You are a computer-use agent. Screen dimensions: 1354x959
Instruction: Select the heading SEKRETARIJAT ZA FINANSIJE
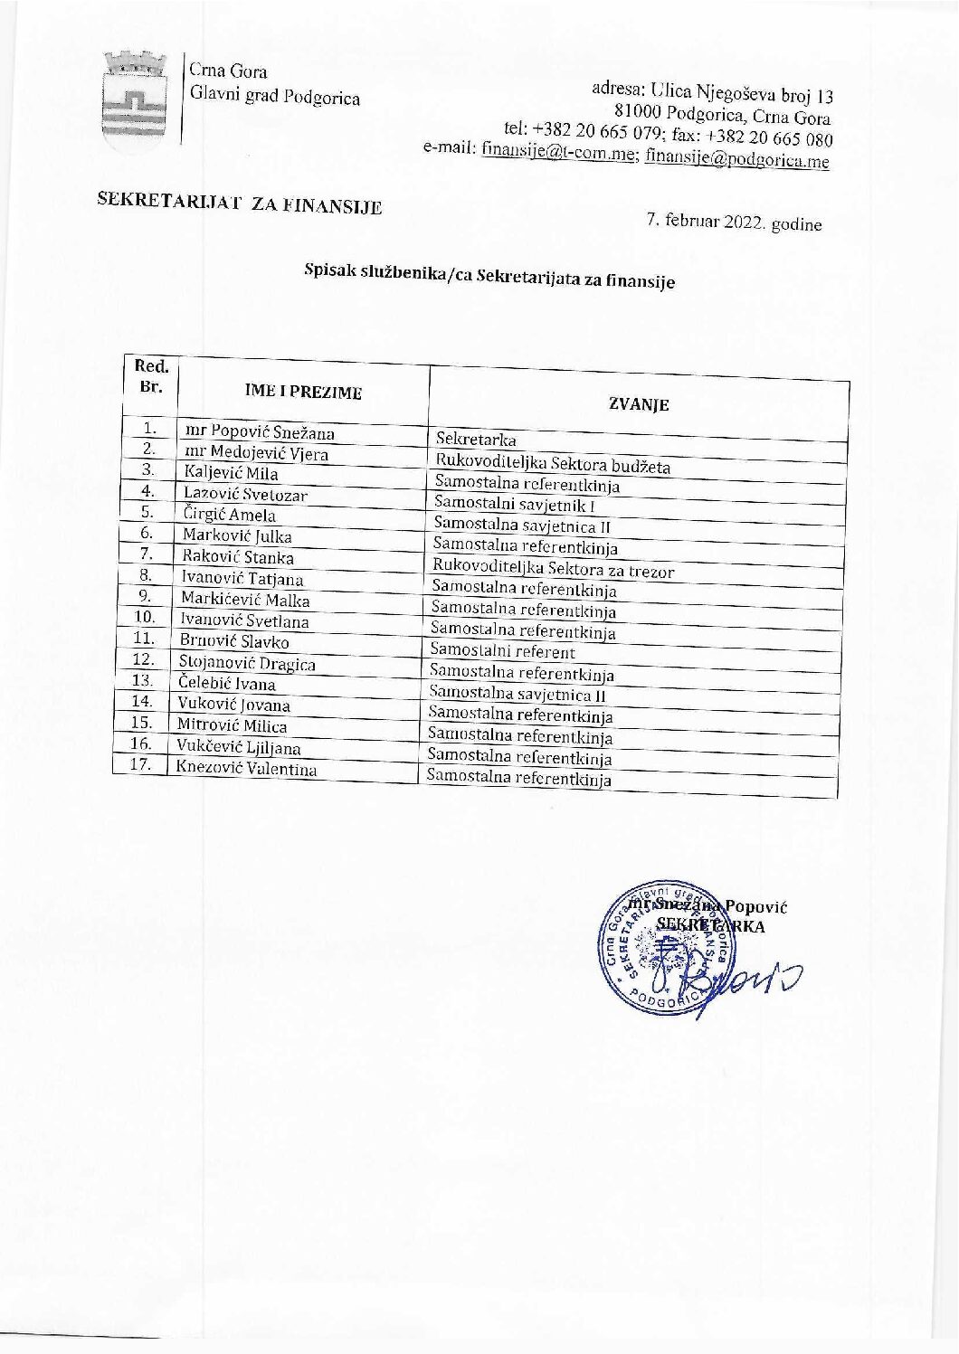pyautogui.click(x=240, y=204)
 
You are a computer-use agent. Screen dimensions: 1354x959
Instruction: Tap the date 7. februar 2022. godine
pyautogui.click(x=734, y=222)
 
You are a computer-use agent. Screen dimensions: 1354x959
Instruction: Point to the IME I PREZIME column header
pyautogui.click(x=303, y=392)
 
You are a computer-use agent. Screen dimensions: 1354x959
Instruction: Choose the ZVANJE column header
pyautogui.click(x=639, y=404)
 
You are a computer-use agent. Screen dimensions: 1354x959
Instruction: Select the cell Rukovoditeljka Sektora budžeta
pyautogui.click(x=553, y=464)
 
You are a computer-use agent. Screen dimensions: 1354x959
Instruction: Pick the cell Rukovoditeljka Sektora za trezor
pyautogui.click(x=554, y=569)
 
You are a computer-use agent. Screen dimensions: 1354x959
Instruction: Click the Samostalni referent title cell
pyautogui.click(x=502, y=650)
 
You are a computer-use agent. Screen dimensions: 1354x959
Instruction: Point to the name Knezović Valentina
pyautogui.click(x=246, y=769)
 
